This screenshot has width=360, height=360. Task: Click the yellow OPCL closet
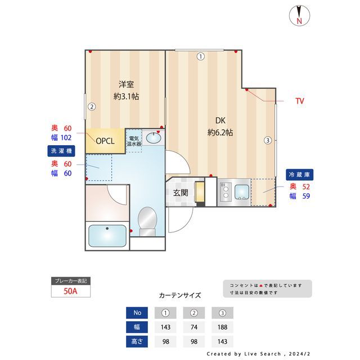(105, 141)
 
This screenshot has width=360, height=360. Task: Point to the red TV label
(300, 101)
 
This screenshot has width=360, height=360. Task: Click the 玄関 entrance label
(180, 193)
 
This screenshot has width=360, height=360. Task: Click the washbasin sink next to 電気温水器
(152, 138)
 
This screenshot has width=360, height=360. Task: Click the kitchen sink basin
(242, 192)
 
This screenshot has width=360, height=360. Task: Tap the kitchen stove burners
(225, 192)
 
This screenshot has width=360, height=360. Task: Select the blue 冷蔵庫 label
(299, 174)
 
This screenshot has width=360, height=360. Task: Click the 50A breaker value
(70, 291)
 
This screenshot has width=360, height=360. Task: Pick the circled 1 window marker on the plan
(200, 56)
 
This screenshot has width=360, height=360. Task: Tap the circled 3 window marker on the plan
(268, 140)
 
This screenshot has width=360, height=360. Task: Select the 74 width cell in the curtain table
(193, 327)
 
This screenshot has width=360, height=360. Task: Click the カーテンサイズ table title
(180, 295)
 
